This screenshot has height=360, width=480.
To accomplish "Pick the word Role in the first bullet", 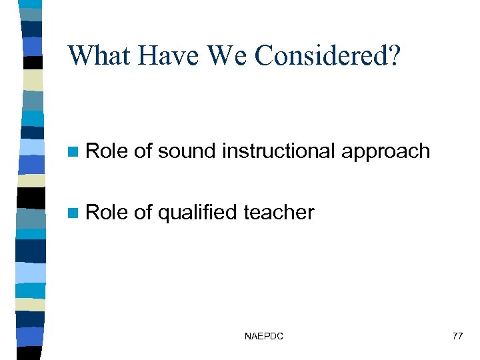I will tap(107, 151).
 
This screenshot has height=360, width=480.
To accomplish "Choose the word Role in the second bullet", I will tap(107, 213).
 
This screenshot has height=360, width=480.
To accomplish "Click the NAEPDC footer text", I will tap(264, 337).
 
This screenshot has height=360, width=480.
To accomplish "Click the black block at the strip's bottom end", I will tap(31, 352).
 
